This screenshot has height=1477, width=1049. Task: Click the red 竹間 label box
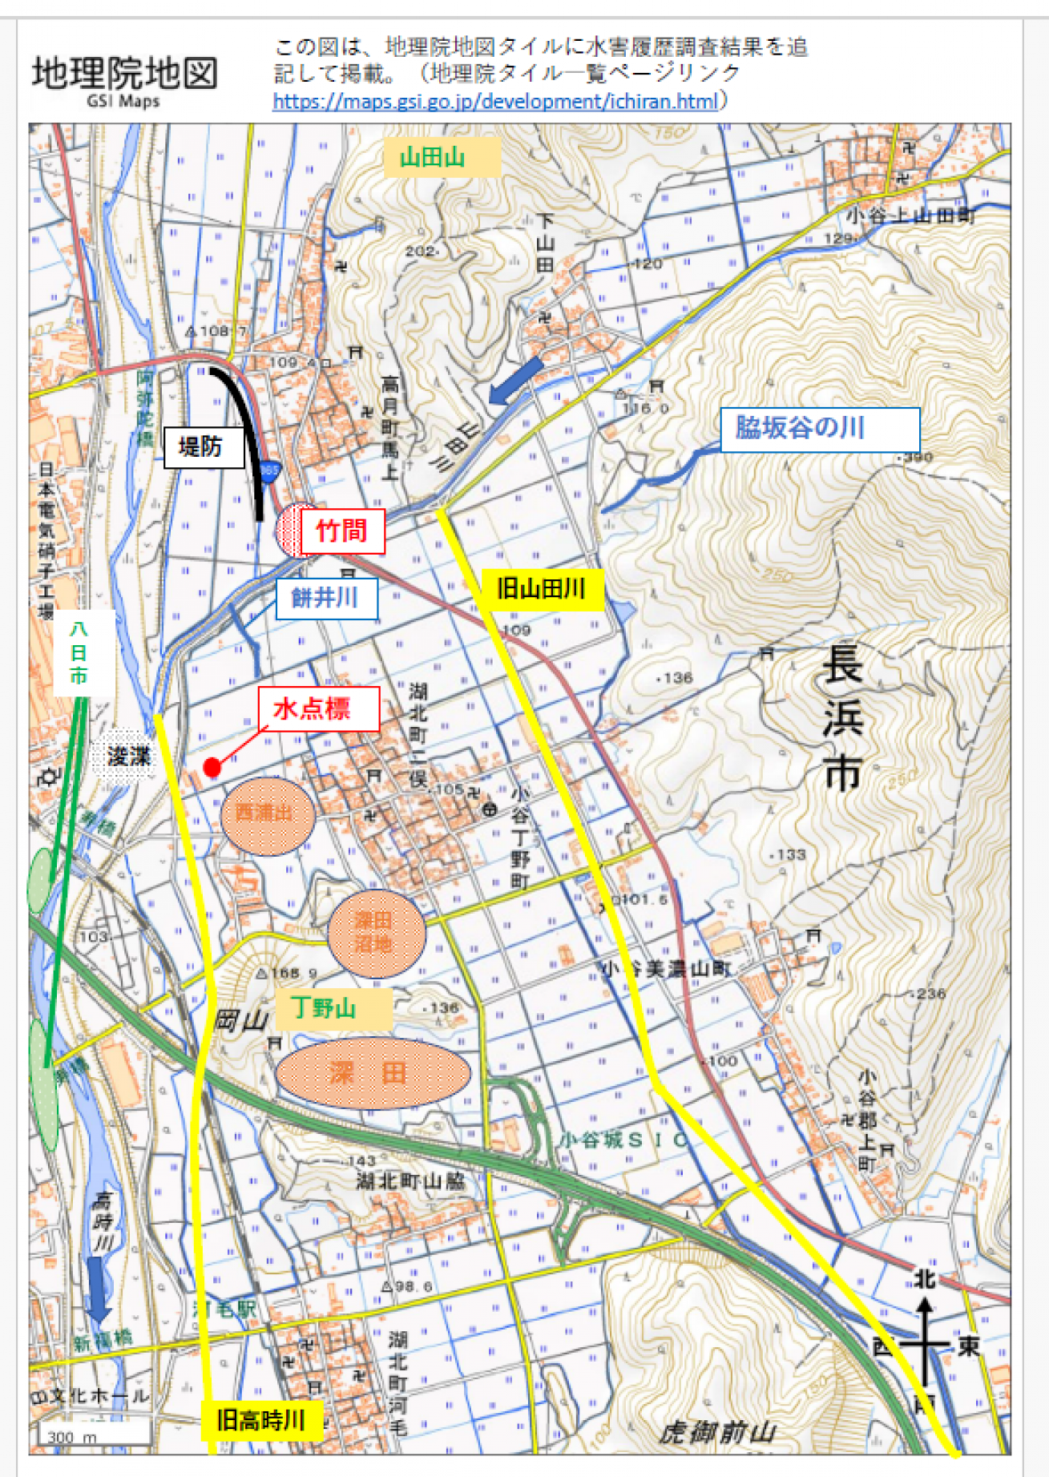pyautogui.click(x=342, y=531)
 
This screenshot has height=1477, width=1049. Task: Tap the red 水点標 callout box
pyautogui.click(x=318, y=708)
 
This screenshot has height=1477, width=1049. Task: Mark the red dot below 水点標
pyautogui.click(x=212, y=768)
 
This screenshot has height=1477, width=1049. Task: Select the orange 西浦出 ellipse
pyautogui.click(x=266, y=814)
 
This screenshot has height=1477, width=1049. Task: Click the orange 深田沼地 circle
pyautogui.click(x=375, y=933)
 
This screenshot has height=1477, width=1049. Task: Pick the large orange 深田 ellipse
pyautogui.click(x=373, y=1073)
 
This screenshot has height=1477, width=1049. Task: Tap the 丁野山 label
pyautogui.click(x=333, y=1008)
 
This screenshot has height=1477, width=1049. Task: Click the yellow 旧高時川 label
pyautogui.click(x=260, y=1421)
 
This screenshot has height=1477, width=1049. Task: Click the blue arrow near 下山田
pyautogui.click(x=516, y=380)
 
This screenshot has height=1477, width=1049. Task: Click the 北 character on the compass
pyautogui.click(x=926, y=1279)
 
